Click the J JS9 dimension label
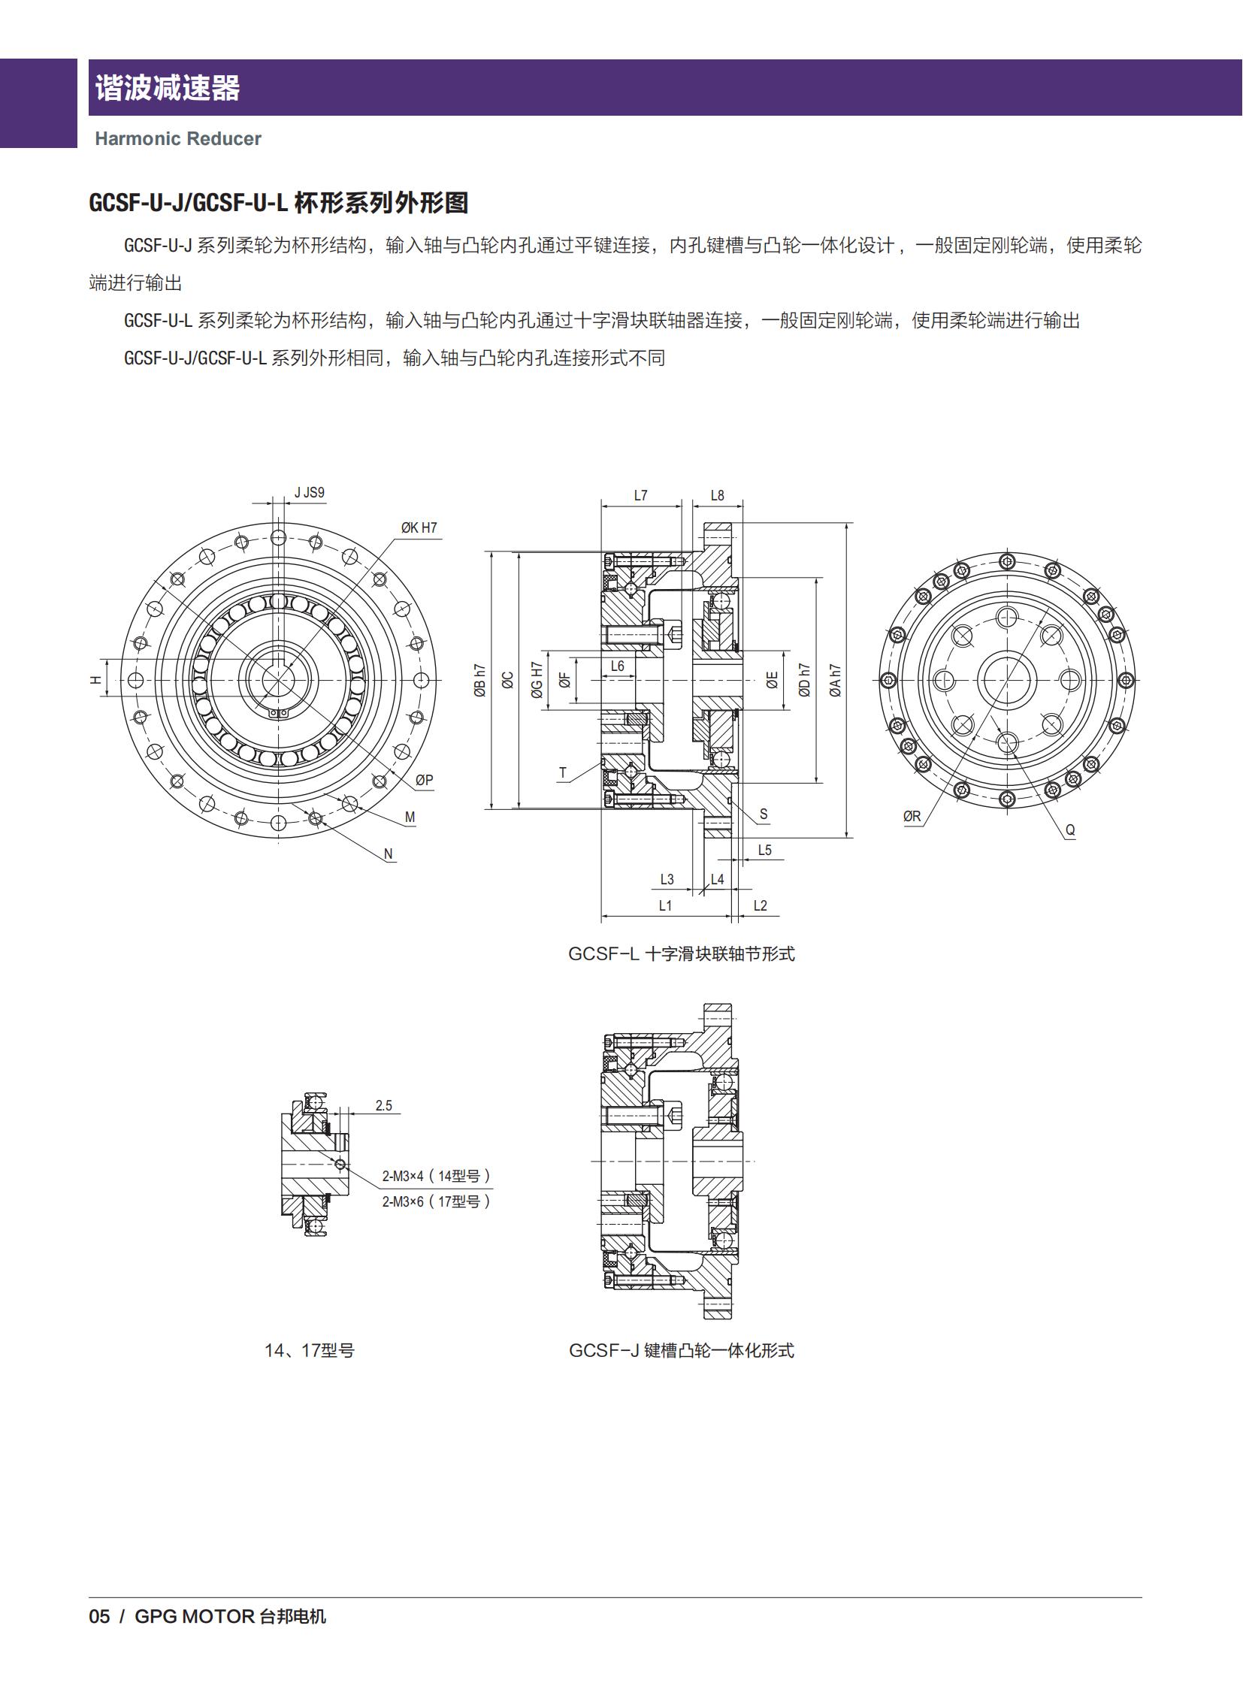(x=309, y=493)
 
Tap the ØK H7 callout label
(x=419, y=527)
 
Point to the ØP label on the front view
(x=424, y=780)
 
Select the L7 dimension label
(x=640, y=495)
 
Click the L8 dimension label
(x=717, y=495)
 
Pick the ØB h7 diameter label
(x=480, y=679)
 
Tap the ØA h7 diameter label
(x=834, y=679)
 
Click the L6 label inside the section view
(x=617, y=666)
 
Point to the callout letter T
(x=563, y=772)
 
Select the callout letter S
(x=763, y=814)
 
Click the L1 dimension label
(x=665, y=905)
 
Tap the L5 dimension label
(x=764, y=851)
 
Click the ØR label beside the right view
(x=911, y=815)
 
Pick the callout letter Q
(x=1070, y=829)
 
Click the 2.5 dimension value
(x=384, y=1105)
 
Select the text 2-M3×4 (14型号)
(x=437, y=1175)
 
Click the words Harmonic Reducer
(x=177, y=138)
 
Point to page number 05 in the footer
(x=99, y=1616)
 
